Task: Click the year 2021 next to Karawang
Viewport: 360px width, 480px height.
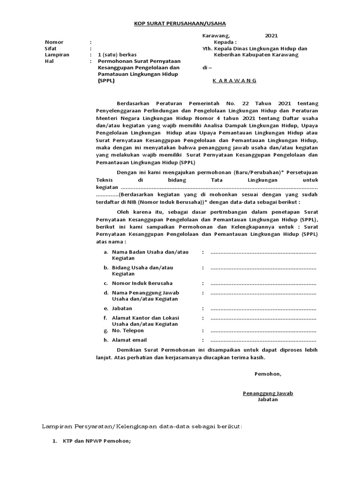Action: click(x=271, y=35)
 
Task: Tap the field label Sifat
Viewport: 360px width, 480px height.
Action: click(x=51, y=48)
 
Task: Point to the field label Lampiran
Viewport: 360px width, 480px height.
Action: click(x=57, y=54)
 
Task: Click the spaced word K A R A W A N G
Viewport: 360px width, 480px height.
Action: click(x=234, y=81)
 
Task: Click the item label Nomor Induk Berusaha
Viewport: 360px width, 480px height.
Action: click(x=142, y=283)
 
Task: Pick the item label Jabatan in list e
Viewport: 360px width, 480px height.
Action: click(x=122, y=308)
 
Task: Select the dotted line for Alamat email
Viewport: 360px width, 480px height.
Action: click(x=263, y=340)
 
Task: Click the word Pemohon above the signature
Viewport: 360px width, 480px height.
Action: click(x=268, y=374)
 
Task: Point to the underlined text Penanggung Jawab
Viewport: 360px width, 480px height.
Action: click(x=267, y=393)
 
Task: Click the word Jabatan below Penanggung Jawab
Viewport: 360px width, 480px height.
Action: click(x=267, y=399)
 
